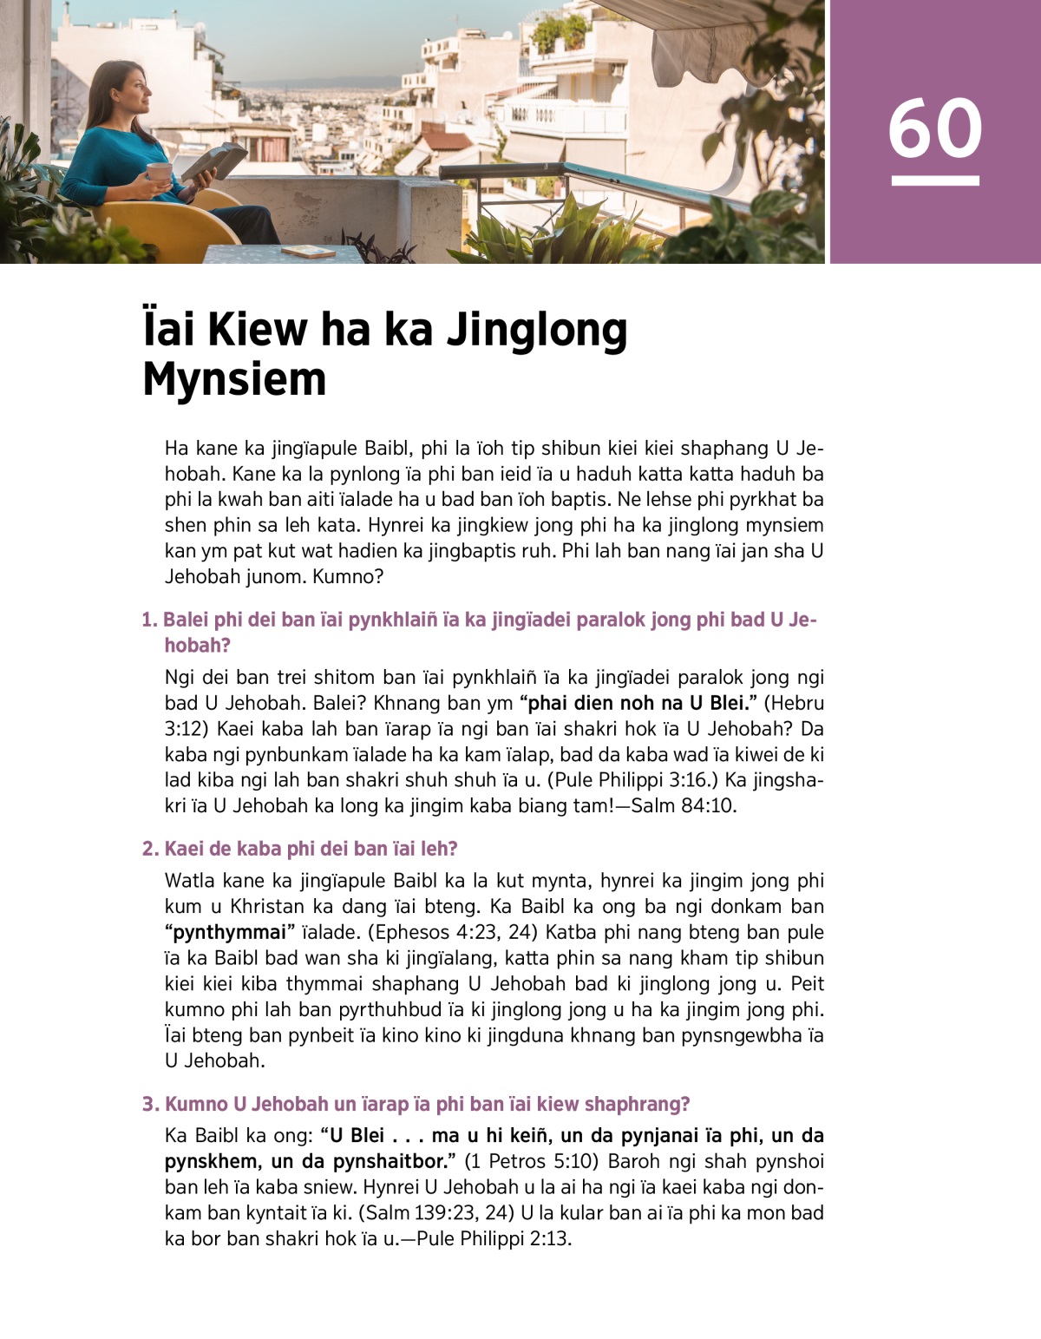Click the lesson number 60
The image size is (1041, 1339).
(x=934, y=128)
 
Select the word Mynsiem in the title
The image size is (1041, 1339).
(x=234, y=379)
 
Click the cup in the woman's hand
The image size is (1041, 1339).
(x=159, y=172)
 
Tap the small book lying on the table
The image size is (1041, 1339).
(x=308, y=252)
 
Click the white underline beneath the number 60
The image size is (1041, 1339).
(x=934, y=181)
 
